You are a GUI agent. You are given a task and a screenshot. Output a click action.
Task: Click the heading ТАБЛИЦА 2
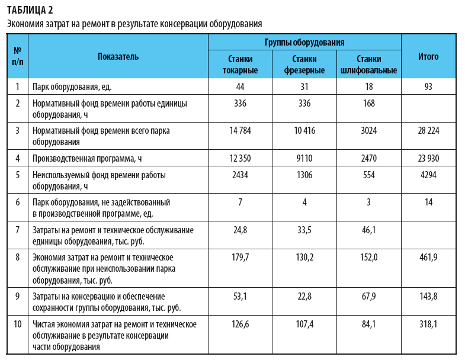[x=29, y=9]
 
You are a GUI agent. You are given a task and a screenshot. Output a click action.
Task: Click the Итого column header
[x=428, y=57]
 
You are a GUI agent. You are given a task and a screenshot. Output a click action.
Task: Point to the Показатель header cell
[x=118, y=57]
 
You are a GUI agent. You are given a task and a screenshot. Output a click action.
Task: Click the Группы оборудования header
[x=304, y=43]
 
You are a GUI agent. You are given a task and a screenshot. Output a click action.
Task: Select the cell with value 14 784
[x=240, y=131]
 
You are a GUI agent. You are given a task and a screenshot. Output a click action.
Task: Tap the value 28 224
[x=428, y=131]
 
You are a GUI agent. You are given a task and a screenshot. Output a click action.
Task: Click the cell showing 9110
[x=304, y=158]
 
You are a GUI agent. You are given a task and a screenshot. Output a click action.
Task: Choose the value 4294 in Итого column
[x=428, y=175]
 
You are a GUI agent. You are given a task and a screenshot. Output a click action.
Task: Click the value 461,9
[x=428, y=258]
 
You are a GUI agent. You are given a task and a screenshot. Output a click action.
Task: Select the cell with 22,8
[x=304, y=295]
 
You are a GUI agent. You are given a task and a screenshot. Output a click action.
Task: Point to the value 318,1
[x=428, y=324]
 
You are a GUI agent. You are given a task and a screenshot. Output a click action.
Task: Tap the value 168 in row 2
[x=368, y=104]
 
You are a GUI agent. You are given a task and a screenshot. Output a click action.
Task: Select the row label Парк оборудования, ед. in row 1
[x=72, y=86]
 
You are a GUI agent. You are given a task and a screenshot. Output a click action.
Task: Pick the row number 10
[x=18, y=324]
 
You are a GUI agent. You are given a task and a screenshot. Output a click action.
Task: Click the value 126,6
[x=240, y=324]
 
